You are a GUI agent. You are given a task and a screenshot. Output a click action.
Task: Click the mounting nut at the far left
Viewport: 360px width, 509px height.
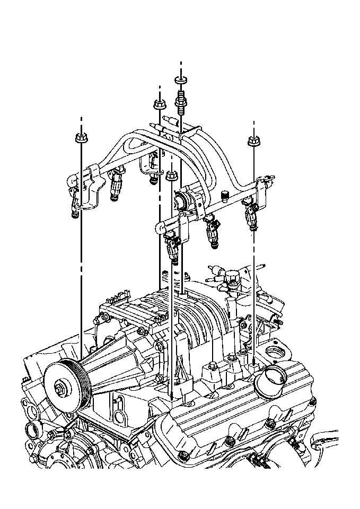coord(81,138)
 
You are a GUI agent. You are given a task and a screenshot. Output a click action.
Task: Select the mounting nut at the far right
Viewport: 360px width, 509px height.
coord(253,141)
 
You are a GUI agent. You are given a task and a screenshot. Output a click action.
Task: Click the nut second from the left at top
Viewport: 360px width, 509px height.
coord(159,103)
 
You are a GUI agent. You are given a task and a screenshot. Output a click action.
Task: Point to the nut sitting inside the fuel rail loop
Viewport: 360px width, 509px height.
coord(171,175)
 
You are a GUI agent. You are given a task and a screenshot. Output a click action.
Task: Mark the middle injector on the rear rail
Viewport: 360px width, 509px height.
coord(116,186)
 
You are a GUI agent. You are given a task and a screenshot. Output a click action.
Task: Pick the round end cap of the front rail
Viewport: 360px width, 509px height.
coord(159,229)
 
